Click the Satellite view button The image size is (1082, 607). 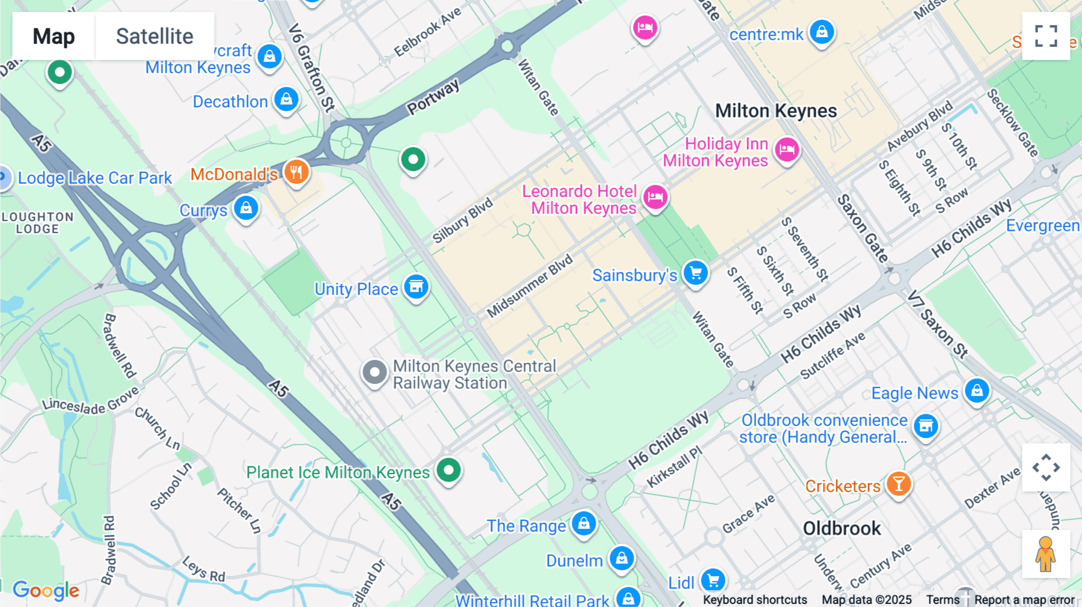(x=154, y=37)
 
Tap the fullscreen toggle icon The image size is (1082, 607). (x=1046, y=36)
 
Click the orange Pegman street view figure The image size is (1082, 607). (x=1045, y=554)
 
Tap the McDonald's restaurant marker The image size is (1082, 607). (x=296, y=172)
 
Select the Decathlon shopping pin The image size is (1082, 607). (x=286, y=99)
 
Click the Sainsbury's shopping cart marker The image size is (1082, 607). (x=695, y=273)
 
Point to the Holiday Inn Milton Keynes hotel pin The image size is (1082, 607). (x=786, y=150)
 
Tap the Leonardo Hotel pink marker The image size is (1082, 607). (x=655, y=197)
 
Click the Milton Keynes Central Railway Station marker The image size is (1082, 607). (x=374, y=373)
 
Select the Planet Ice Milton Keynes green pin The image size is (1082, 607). (x=448, y=470)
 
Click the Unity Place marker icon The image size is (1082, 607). (x=416, y=287)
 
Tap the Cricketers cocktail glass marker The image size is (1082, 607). (x=898, y=484)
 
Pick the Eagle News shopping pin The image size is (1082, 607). (x=977, y=391)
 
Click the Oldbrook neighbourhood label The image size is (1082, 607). (x=842, y=528)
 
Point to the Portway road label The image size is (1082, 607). (x=433, y=97)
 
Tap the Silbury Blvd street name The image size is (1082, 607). (x=462, y=221)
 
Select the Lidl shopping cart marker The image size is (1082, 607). (x=713, y=581)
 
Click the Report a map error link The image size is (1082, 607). (x=1024, y=600)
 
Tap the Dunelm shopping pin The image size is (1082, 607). (x=622, y=559)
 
